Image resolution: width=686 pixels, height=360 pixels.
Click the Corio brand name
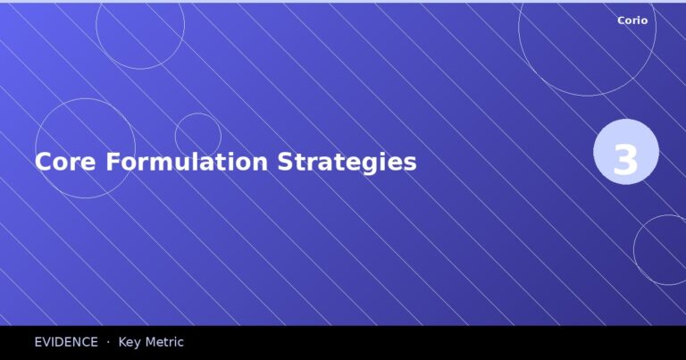click(632, 20)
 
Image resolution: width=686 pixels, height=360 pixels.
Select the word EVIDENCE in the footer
click(66, 342)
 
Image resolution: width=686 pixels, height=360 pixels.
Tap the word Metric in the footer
click(165, 342)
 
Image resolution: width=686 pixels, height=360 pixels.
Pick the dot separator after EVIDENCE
click(108, 342)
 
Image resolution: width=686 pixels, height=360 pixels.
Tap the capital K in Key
click(123, 342)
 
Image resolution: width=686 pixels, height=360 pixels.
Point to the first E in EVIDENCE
click(39, 342)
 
